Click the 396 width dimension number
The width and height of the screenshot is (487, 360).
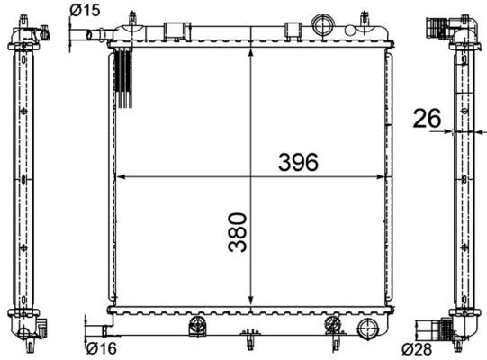[x=298, y=162]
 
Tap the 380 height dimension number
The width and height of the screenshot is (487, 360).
[x=237, y=232]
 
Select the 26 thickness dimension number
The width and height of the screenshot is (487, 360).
[x=427, y=117]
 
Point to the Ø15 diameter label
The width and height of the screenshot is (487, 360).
[x=85, y=10]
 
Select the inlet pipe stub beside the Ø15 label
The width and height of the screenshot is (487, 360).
[x=93, y=35]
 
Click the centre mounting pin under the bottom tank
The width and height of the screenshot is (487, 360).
[x=248, y=343]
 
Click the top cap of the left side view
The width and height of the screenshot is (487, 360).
[x=24, y=33]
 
